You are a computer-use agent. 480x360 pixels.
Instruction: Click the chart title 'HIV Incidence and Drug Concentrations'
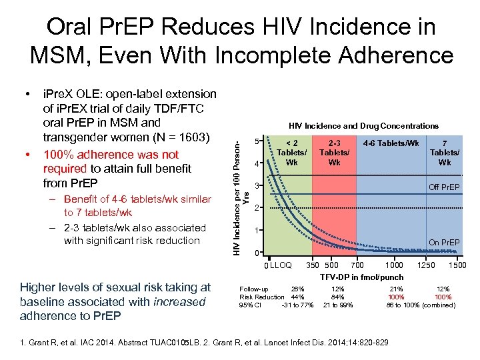click(363, 125)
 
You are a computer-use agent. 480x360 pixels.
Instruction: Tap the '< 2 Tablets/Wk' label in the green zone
click(291, 152)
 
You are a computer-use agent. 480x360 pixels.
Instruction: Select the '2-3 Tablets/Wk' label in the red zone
click(335, 152)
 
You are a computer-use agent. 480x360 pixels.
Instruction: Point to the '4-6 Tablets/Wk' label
click(391, 142)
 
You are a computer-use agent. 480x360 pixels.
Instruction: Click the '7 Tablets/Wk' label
click(445, 152)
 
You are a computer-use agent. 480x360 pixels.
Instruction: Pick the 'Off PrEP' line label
click(444, 187)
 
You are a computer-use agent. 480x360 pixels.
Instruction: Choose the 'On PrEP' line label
click(444, 243)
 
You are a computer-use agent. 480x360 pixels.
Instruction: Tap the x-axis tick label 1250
click(426, 265)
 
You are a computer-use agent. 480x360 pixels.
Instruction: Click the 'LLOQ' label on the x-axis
click(281, 266)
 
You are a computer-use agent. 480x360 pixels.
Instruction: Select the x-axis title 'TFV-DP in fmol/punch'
click(362, 277)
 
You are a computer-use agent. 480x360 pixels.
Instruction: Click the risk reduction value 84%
click(338, 297)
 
